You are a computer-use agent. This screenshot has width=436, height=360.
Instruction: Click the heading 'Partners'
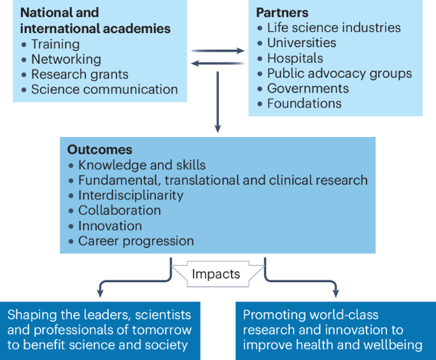click(x=282, y=13)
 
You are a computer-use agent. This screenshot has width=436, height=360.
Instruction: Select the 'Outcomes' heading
click(x=99, y=150)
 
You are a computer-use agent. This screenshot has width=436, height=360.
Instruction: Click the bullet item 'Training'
click(x=55, y=44)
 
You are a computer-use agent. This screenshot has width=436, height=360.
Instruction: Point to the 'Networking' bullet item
click(x=66, y=59)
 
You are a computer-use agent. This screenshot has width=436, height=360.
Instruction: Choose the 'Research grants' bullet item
click(x=80, y=75)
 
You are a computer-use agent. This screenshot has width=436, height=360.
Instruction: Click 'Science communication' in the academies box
click(x=104, y=90)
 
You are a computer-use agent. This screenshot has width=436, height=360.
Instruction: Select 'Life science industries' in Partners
click(x=334, y=27)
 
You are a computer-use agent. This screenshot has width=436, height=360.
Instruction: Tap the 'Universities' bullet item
click(x=302, y=43)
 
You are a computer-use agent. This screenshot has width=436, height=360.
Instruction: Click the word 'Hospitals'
click(x=295, y=58)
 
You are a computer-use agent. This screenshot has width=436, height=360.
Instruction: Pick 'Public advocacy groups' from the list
click(x=339, y=73)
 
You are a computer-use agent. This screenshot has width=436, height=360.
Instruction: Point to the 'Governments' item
click(x=308, y=89)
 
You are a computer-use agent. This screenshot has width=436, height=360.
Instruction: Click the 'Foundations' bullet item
click(x=304, y=103)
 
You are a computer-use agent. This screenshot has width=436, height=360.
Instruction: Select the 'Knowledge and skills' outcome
click(x=141, y=165)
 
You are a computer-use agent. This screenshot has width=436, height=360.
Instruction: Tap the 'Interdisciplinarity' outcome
click(x=130, y=195)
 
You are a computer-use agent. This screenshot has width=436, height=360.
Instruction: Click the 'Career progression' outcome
click(x=136, y=241)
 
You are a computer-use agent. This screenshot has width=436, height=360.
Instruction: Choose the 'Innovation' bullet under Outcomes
click(x=109, y=226)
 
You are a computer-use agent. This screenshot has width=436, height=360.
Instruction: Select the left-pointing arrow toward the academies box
click(x=218, y=62)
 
